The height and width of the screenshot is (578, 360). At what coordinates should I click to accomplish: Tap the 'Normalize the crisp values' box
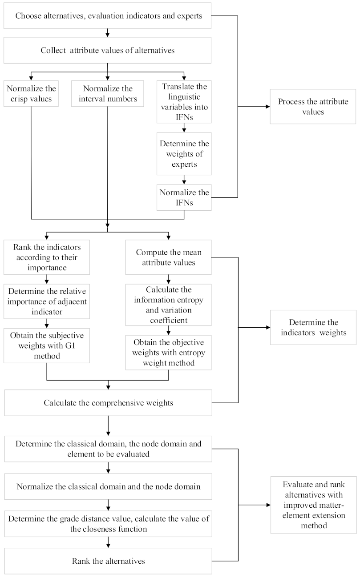31,93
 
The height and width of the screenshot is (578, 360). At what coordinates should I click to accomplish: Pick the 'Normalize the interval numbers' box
108,93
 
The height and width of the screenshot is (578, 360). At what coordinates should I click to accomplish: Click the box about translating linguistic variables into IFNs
184,102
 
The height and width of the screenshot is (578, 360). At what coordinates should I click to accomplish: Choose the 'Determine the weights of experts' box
184,153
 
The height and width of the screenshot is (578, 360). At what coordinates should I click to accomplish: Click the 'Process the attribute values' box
313,107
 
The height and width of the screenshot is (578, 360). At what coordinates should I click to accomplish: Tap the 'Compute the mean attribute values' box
169,257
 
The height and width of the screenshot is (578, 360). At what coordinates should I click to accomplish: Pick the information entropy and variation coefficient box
169,305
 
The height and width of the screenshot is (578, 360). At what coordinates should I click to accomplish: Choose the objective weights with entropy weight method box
169,352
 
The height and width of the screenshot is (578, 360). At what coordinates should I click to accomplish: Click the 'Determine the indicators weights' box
313,327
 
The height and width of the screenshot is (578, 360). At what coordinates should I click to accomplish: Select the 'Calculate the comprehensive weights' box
109,403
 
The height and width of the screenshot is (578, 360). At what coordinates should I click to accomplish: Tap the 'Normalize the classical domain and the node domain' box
109,486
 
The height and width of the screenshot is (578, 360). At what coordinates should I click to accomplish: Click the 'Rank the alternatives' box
109,561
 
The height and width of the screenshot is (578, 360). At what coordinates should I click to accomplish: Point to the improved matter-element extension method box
313,504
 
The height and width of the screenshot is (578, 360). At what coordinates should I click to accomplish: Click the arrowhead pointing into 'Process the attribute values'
267,107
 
